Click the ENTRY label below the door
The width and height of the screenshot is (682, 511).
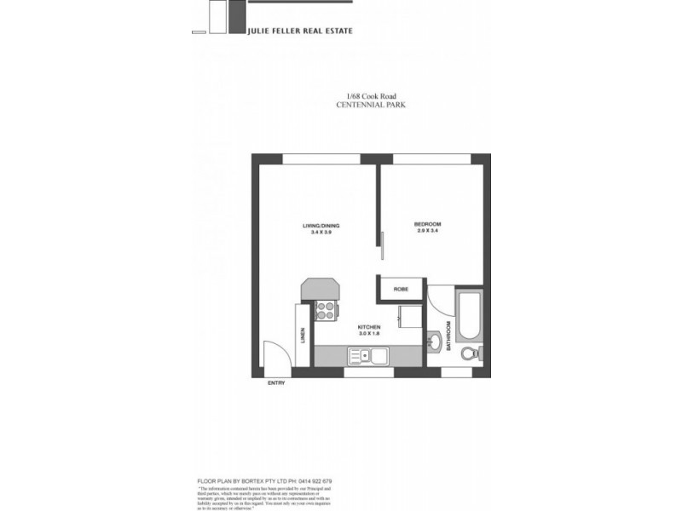tap(276, 383)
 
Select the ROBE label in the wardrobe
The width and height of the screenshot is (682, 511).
tap(400, 290)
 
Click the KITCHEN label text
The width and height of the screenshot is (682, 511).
tap(369, 327)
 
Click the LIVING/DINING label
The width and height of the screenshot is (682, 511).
tap(321, 226)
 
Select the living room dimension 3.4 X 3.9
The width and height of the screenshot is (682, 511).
tap(321, 233)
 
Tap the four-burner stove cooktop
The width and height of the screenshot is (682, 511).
tap(324, 312)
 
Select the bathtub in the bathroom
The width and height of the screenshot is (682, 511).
tap(470, 315)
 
